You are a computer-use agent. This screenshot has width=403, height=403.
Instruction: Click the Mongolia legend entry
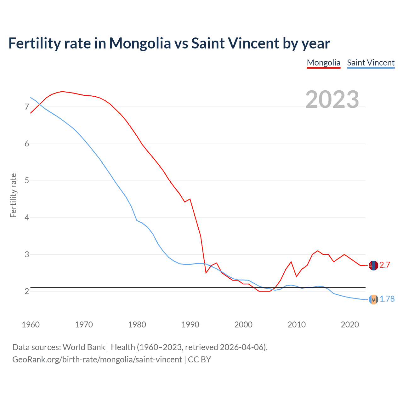coord(323,63)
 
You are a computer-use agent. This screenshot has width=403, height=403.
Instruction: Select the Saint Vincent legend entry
coord(371,63)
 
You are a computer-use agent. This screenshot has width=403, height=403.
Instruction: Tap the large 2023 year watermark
coord(332,99)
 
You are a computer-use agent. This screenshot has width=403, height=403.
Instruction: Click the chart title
coord(169,43)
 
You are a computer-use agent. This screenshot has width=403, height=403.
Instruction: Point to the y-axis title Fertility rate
coord(13,195)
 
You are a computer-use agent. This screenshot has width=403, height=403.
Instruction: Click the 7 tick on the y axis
coord(27,107)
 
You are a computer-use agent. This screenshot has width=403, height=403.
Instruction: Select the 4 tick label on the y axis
coord(27,218)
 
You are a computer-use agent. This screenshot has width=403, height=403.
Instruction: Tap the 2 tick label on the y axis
coord(27,291)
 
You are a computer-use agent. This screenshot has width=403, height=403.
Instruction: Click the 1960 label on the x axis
coord(31,325)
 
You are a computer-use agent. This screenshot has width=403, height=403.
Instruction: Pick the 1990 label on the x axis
coord(190,325)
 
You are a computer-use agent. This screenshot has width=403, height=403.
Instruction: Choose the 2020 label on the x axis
coord(350,325)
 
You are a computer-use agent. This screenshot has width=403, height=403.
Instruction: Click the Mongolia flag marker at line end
coord(373,265)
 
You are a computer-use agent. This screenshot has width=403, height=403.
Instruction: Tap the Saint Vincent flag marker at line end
coord(373,299)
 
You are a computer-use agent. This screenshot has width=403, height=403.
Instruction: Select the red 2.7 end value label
coord(385,265)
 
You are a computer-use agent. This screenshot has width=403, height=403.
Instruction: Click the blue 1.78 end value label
coord(387,299)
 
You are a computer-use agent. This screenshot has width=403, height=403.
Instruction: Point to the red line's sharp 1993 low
coord(206,273)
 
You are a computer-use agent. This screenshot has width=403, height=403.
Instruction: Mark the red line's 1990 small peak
coord(190,199)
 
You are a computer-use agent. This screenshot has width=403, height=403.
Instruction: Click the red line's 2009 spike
coord(291,262)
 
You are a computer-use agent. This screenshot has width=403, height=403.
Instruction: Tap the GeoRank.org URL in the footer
coord(97,360)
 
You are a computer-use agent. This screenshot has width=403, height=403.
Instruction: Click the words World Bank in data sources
coord(84,347)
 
